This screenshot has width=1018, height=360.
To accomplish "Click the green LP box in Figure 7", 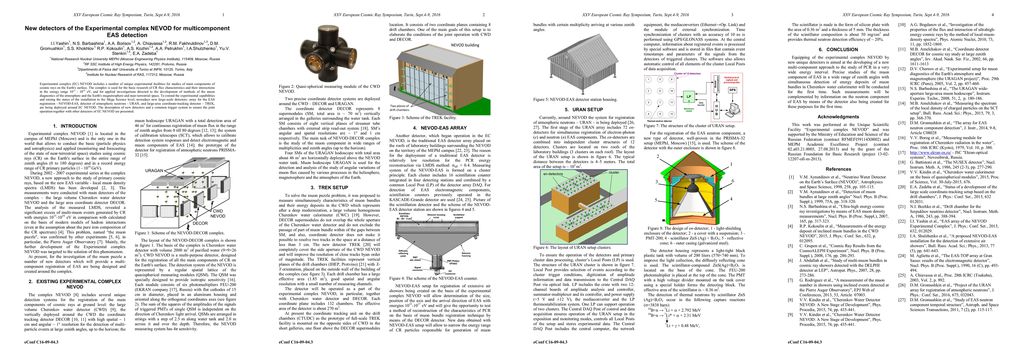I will click(689, 96).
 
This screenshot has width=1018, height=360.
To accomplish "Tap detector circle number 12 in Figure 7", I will click(671, 114).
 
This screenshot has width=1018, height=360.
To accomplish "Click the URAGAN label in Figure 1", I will click(154, 171).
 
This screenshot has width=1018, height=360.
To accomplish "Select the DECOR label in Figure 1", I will click(200, 223).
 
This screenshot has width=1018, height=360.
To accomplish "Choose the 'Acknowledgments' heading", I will click(838, 117).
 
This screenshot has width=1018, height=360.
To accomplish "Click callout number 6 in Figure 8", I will click(732, 181).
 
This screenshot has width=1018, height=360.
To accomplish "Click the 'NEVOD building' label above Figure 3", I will click(465, 45).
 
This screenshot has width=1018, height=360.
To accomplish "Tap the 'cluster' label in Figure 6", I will click(614, 172).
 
